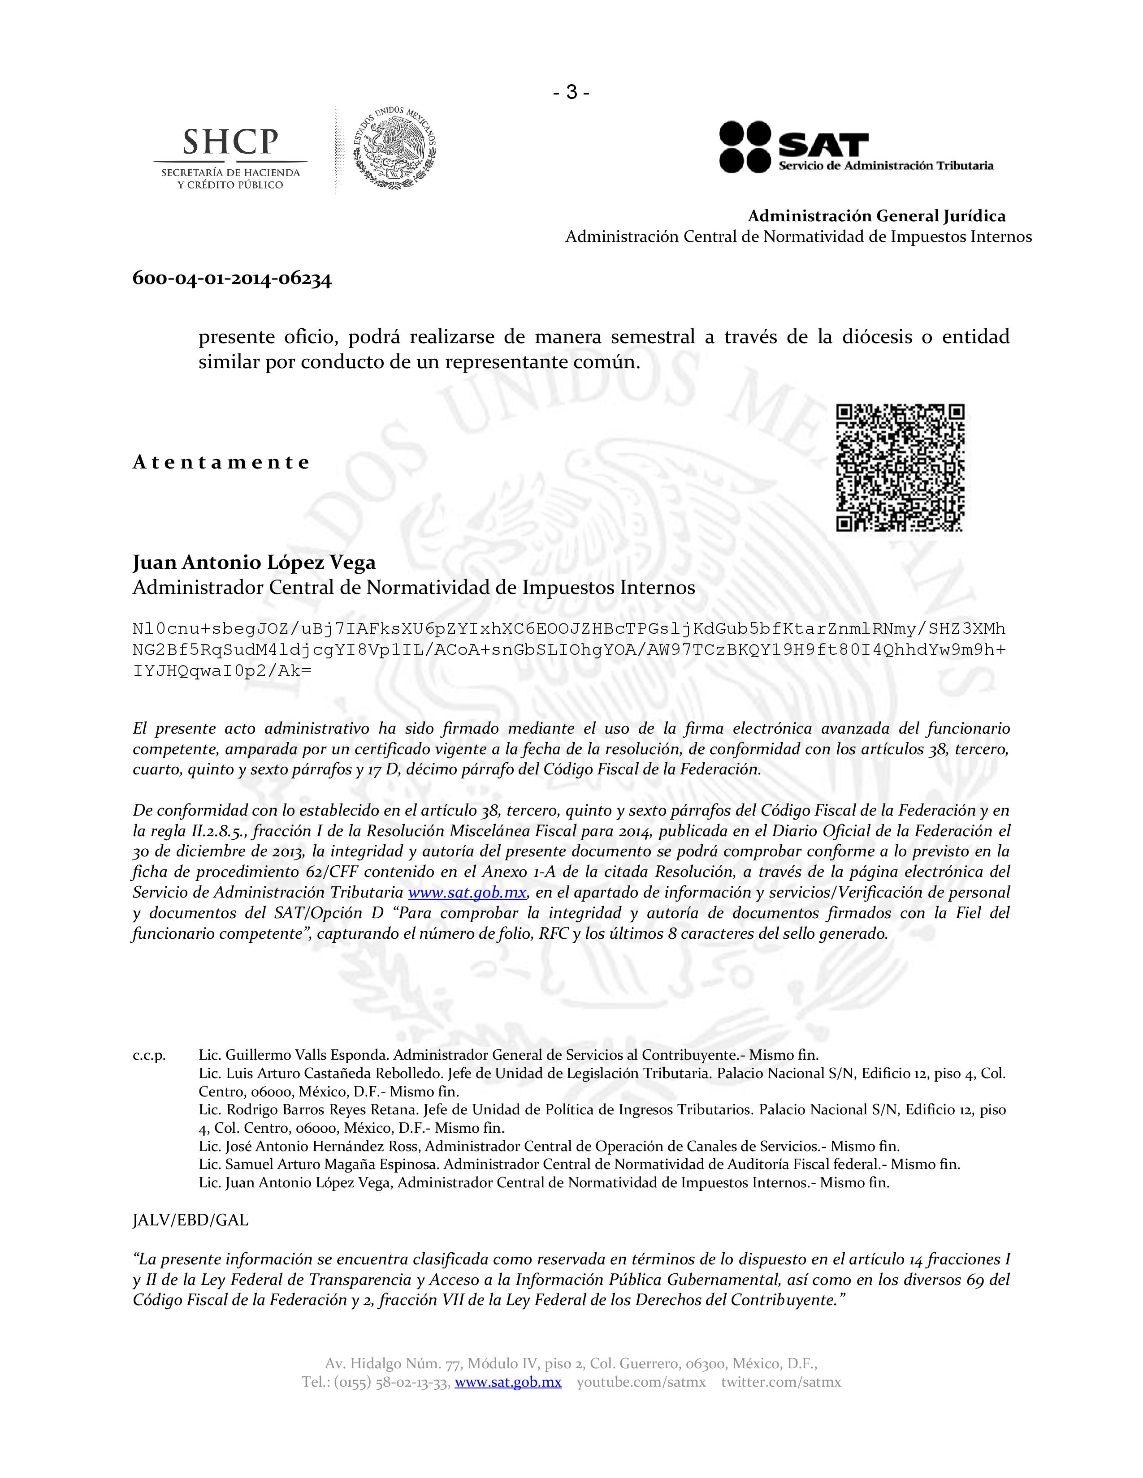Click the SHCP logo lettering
click(230, 142)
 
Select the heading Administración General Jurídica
click(876, 216)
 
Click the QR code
click(900, 467)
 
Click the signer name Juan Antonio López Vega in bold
click(254, 563)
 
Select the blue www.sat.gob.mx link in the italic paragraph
click(467, 893)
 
